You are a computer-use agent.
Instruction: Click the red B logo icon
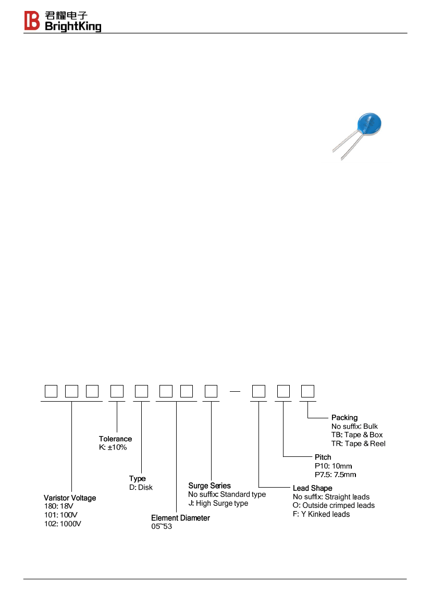point(32,21)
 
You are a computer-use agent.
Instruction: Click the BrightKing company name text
point(73,27)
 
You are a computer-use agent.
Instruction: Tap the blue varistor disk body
point(369,124)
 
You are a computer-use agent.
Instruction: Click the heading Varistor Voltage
point(70,498)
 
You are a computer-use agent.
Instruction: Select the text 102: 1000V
point(63,524)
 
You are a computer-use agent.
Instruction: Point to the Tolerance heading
point(115,439)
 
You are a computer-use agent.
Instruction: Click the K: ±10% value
point(113,448)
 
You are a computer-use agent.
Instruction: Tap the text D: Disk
point(141,488)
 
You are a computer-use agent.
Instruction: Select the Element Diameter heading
point(180,518)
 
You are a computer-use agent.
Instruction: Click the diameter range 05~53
point(162,527)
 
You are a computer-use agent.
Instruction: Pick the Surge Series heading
point(210,486)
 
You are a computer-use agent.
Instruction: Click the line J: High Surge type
point(218,503)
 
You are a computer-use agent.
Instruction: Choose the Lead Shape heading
point(313,488)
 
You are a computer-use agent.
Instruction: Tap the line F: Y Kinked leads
point(322,514)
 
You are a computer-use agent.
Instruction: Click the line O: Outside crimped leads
point(334,505)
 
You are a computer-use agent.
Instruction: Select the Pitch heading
point(323,457)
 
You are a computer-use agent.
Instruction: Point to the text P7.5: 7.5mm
point(336,475)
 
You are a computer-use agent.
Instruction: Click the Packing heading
point(344,417)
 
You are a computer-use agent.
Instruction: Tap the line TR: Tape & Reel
point(359,443)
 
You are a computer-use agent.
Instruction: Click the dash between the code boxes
point(235,392)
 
